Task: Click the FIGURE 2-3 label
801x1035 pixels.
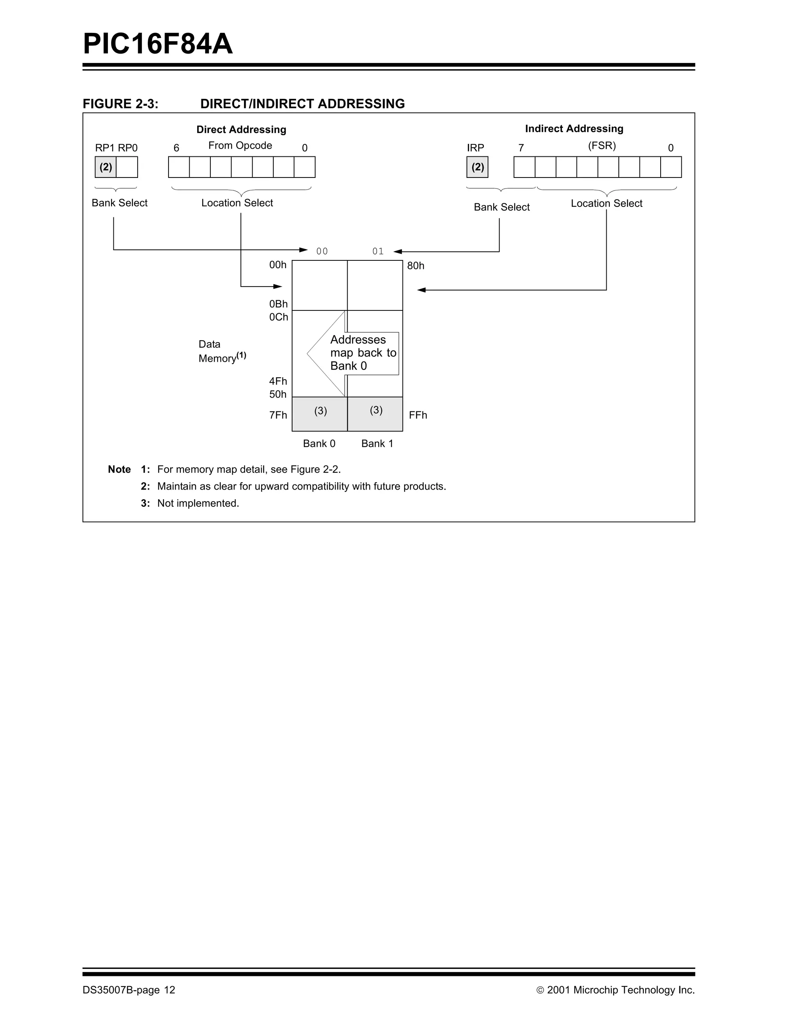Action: point(120,104)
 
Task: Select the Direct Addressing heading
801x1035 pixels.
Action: point(241,129)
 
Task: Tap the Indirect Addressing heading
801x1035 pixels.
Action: point(574,128)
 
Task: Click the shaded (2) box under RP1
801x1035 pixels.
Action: point(106,167)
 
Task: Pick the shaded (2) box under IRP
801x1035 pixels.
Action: point(477,167)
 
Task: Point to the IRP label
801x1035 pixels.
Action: point(475,148)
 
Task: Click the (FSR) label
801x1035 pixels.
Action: point(602,145)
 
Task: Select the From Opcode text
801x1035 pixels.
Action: point(240,145)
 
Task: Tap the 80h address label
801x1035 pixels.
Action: point(416,266)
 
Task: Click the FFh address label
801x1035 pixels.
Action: point(418,415)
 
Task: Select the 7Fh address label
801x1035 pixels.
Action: point(278,415)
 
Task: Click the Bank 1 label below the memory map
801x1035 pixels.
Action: point(377,443)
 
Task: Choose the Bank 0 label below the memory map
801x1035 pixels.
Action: point(319,443)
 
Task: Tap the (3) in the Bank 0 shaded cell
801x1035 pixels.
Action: point(320,411)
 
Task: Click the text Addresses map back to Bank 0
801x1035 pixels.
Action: point(363,353)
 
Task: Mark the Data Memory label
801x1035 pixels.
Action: point(222,351)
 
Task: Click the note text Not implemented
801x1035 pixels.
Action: point(198,503)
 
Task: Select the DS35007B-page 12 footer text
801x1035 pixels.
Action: point(129,990)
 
